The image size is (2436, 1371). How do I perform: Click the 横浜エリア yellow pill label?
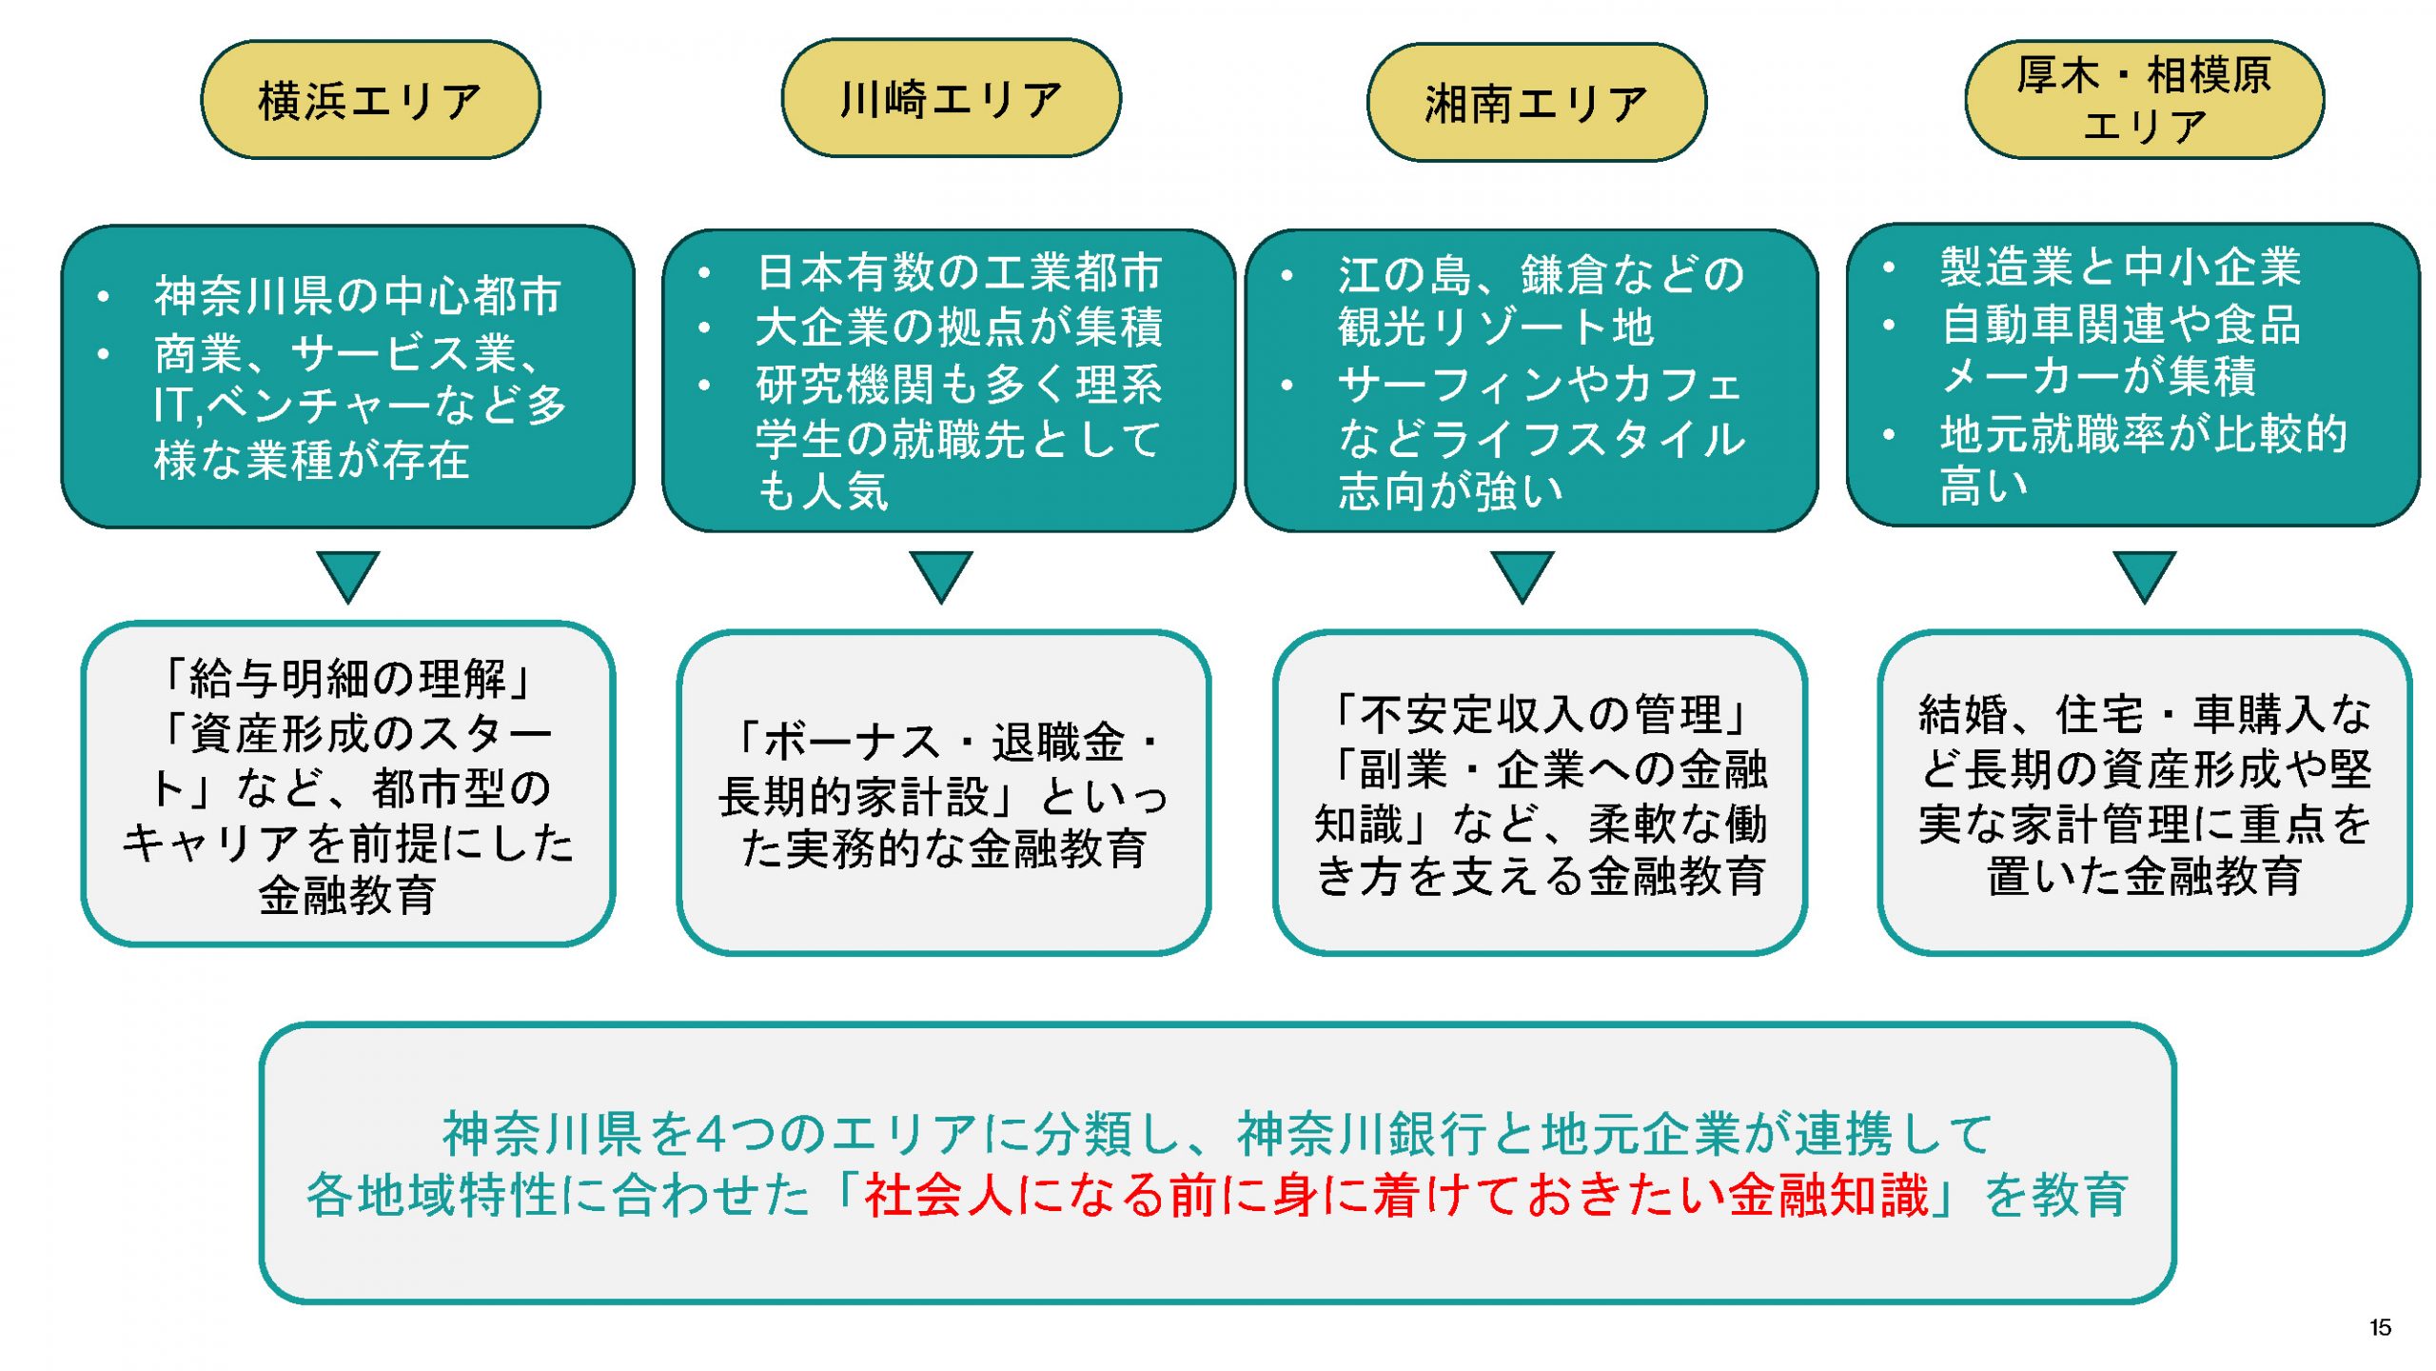[x=370, y=100]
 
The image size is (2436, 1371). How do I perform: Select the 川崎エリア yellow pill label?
[x=951, y=98]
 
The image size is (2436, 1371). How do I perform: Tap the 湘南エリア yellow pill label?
[x=1536, y=103]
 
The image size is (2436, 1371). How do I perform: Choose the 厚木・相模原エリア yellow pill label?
[x=2144, y=99]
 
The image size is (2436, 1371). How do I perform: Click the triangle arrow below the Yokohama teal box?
[x=347, y=574]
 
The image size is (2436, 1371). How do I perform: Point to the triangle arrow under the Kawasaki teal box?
[x=941, y=574]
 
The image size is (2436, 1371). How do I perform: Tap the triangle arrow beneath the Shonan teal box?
[x=1522, y=574]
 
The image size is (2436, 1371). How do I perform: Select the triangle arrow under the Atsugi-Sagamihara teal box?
[x=2144, y=574]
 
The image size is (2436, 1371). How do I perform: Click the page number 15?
[x=2380, y=1327]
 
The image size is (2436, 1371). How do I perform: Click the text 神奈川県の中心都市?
[x=358, y=295]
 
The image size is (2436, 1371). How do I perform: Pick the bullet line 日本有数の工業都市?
[x=958, y=272]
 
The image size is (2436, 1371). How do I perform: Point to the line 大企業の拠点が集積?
[x=958, y=327]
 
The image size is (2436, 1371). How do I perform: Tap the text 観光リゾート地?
[x=1496, y=328]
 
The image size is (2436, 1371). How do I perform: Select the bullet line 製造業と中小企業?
[x=2120, y=267]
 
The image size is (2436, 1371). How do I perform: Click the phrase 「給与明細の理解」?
[x=347, y=679]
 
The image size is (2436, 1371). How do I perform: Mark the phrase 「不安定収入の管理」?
[x=1540, y=714]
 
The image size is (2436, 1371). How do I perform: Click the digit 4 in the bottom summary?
[x=712, y=1134]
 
